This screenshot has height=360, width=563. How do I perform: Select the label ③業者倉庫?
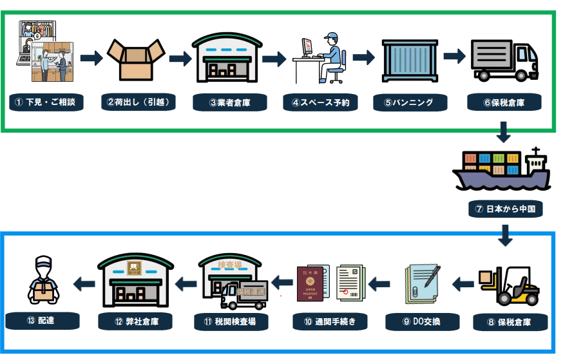tap(228, 102)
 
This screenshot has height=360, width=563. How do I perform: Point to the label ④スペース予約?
tap(320, 102)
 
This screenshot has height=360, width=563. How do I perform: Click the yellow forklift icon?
tap(509, 285)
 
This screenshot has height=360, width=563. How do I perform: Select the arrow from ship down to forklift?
tap(505, 235)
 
